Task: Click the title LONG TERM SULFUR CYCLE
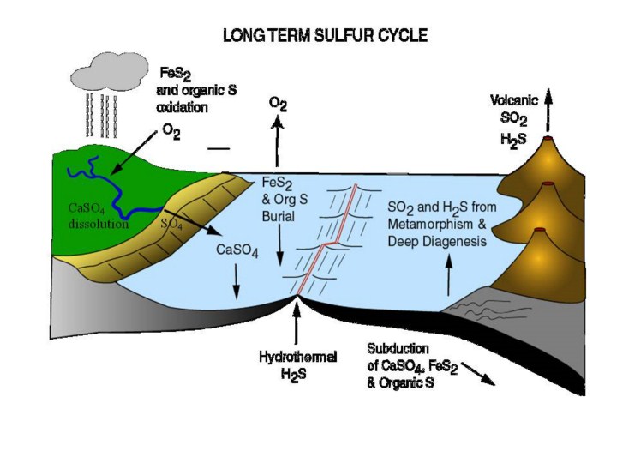pyautogui.click(x=326, y=36)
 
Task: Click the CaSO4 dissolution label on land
pyautogui.click(x=98, y=217)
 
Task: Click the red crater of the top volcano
pyautogui.click(x=548, y=138)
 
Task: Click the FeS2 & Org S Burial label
pyautogui.click(x=279, y=200)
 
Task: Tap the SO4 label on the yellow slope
pyautogui.click(x=171, y=225)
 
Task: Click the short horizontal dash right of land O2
pyautogui.click(x=219, y=147)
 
